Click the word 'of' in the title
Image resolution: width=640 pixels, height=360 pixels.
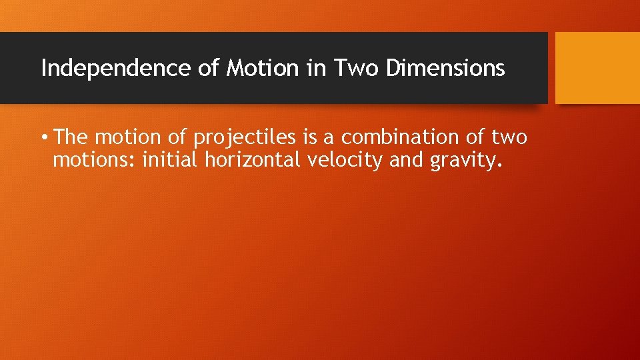pos(209,68)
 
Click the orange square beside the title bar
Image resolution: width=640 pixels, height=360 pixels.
pos(597,68)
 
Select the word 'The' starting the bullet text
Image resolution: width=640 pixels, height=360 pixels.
pos(72,137)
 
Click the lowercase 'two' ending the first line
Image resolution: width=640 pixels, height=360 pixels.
pos(509,138)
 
